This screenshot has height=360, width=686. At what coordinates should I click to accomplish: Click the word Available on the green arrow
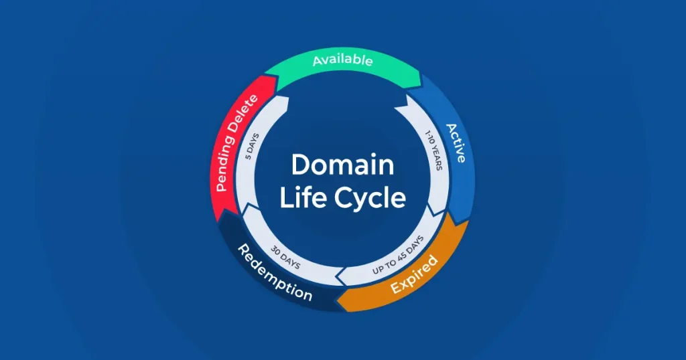coord(342,60)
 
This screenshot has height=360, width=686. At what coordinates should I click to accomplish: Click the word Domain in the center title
coord(342,164)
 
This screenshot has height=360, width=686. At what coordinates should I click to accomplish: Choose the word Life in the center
coord(299,198)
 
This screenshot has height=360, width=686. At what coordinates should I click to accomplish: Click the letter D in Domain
coord(299,165)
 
